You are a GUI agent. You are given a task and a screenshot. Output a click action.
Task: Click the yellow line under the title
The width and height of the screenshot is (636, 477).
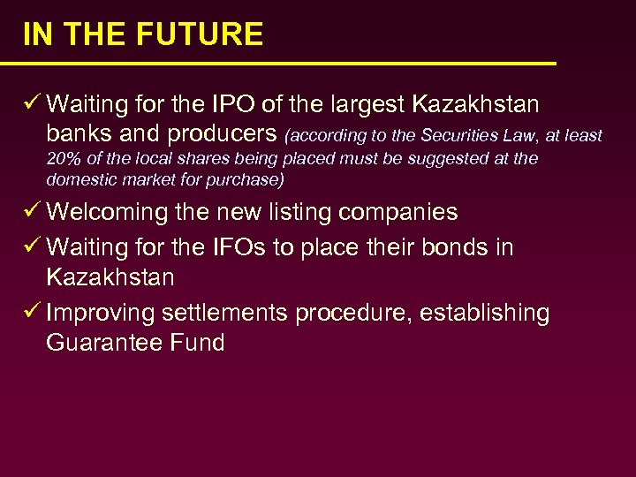278,64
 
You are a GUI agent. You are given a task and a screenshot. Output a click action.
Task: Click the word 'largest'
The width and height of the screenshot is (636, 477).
360,105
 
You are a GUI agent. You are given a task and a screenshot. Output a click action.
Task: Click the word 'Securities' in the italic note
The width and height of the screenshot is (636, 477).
464,136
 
